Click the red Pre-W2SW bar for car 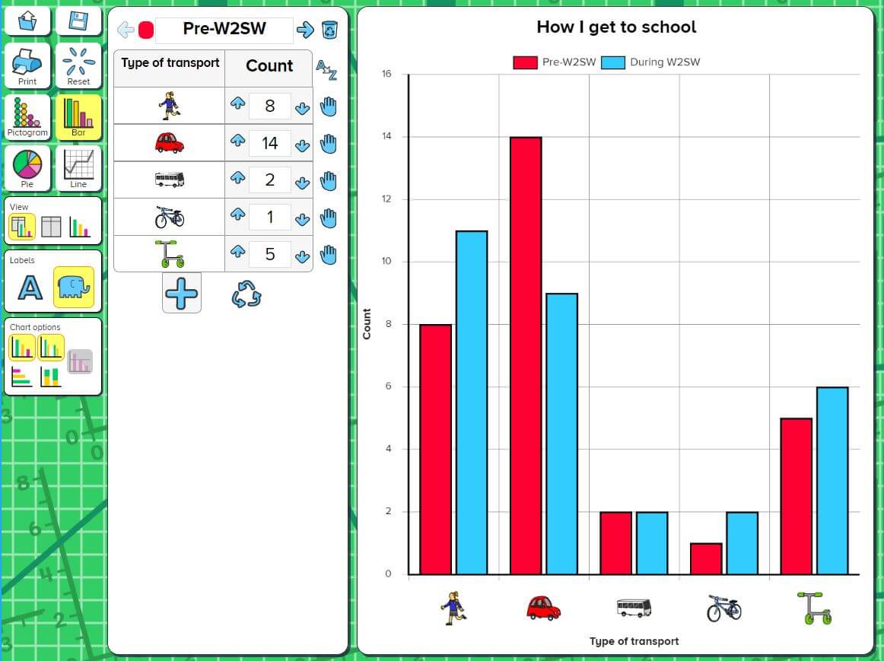point(526,355)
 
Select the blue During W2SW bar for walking point(472,402)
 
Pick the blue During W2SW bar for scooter point(832,481)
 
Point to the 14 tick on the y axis point(386,137)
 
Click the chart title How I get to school point(616,27)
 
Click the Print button point(27,65)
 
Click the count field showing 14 point(269,143)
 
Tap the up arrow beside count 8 point(237,104)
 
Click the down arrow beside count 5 point(302,256)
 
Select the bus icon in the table point(169,180)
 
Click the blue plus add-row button point(182,294)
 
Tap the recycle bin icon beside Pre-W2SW point(329,30)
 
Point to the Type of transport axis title point(634,641)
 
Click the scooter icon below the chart point(813,609)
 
